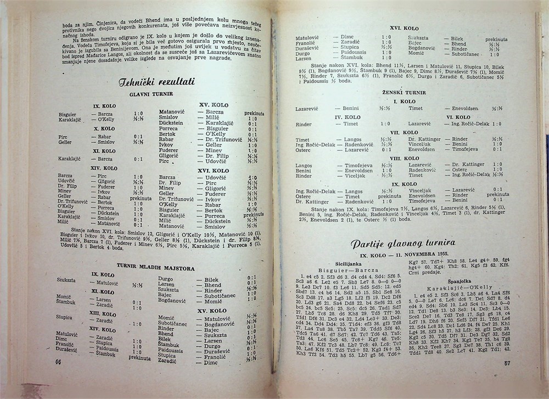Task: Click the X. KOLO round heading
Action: click(x=104, y=129)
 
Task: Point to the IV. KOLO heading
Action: click(x=348, y=117)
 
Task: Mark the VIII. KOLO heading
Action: click(x=405, y=159)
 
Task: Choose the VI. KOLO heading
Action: click(x=458, y=117)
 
